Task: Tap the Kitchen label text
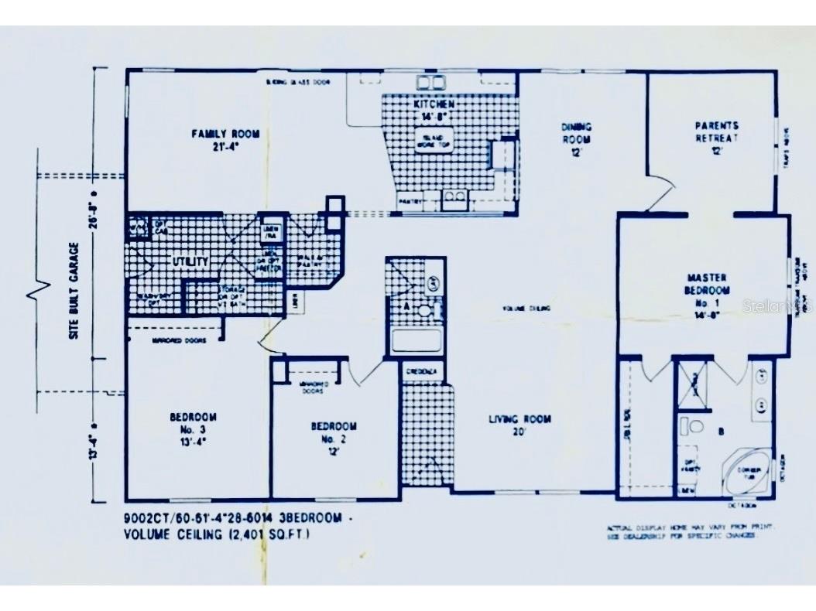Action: [x=434, y=104]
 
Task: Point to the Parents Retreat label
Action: [x=716, y=131]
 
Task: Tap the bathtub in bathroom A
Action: [x=417, y=340]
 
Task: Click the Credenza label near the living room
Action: [x=423, y=371]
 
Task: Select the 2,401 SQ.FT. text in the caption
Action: [x=272, y=534]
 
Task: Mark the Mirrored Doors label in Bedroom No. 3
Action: [x=173, y=340]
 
